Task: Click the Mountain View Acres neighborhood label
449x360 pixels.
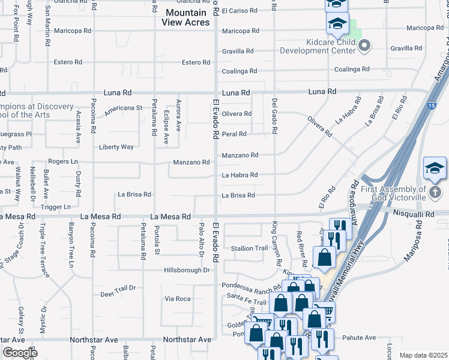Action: (x=186, y=17)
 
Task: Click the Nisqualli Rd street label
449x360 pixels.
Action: (x=413, y=213)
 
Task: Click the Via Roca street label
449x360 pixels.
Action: (x=178, y=298)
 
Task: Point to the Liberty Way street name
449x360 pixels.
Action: (x=116, y=146)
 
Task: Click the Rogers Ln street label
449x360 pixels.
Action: (x=63, y=161)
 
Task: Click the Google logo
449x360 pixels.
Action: (x=20, y=352)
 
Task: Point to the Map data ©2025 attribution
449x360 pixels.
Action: (x=423, y=355)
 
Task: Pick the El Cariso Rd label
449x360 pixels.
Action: (x=239, y=11)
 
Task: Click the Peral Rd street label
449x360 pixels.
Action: (x=234, y=134)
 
